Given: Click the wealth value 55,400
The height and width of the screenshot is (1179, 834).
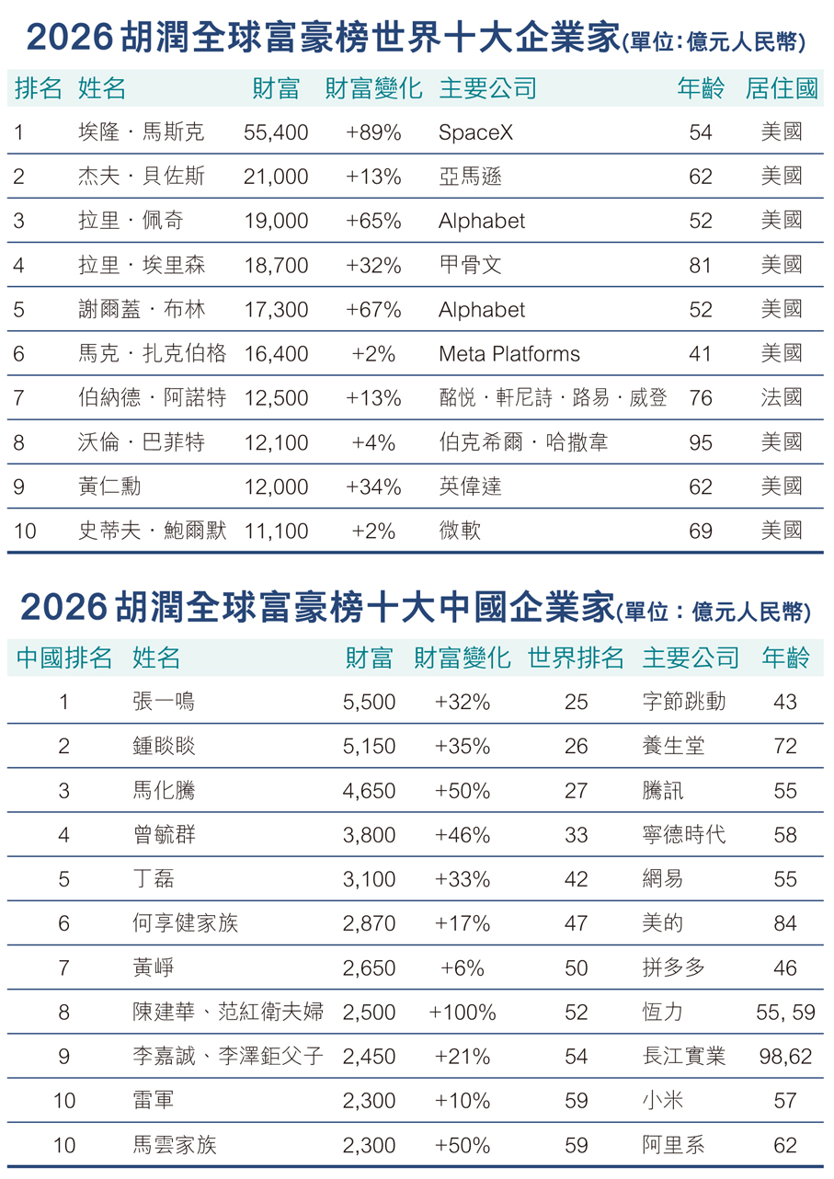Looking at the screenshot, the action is point(276,132).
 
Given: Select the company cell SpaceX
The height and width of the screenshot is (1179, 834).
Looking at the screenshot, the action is point(475,132).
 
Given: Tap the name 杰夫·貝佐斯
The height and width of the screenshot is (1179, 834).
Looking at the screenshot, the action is point(142,177).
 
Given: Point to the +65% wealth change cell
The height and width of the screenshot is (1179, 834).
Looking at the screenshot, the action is point(373,221).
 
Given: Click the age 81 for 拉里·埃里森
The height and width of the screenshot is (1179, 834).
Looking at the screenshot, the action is point(701,265).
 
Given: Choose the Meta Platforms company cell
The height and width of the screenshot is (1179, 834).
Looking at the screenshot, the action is point(509,354).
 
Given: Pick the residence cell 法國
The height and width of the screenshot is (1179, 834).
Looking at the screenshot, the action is point(782,398).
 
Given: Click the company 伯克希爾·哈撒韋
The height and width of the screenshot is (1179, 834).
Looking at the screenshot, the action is point(523,442).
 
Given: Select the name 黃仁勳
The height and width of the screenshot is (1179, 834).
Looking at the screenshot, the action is point(110,486).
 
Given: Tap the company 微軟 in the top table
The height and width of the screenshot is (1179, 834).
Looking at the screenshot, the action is point(460,531).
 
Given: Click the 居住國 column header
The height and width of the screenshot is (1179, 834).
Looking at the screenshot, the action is point(782,88).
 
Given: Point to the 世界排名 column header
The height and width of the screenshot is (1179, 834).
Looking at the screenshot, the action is point(576,658).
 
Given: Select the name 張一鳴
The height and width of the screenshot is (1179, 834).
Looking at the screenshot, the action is point(164,702).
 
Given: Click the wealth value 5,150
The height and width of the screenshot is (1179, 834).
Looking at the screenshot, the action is point(369,746).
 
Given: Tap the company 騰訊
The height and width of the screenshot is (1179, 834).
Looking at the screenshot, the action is point(663,791).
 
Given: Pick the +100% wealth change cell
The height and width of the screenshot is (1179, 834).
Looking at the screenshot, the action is point(463,1013).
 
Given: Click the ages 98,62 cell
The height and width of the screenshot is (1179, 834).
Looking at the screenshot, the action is point(785,1057).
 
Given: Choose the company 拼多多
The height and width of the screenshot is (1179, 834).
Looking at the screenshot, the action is point(673,967).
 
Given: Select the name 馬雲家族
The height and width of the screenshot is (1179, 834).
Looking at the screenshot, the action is point(174,1145).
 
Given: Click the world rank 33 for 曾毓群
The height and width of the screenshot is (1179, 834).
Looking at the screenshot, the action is point(577,835).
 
